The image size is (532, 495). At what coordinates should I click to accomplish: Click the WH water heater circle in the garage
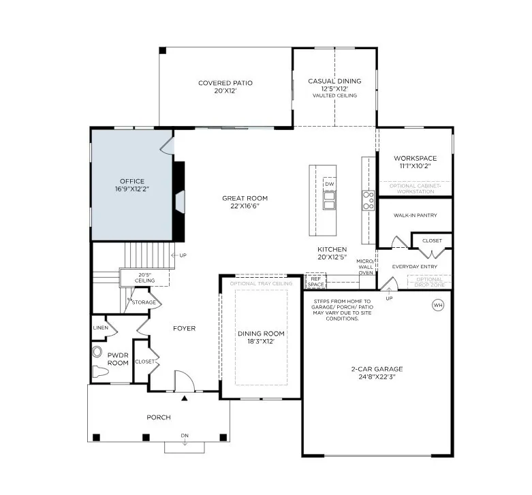pyautogui.click(x=438, y=305)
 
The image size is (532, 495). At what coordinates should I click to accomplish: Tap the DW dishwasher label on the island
pyautogui.click(x=330, y=184)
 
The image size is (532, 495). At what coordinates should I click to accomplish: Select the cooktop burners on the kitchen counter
pyautogui.click(x=368, y=200)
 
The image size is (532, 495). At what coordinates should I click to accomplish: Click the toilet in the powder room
pyautogui.click(x=100, y=372)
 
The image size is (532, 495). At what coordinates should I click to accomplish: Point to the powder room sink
pyautogui.click(x=97, y=352)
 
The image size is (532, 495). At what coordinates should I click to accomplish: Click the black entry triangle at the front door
pyautogui.click(x=184, y=398)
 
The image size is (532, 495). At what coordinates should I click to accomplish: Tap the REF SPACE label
pyautogui.click(x=316, y=281)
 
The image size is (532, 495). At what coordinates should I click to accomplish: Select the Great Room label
pyautogui.click(x=245, y=198)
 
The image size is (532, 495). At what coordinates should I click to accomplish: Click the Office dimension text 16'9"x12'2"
pyautogui.click(x=132, y=189)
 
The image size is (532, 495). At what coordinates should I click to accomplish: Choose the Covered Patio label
pyautogui.click(x=225, y=83)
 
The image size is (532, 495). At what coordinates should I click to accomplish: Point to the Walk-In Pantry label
pyautogui.click(x=416, y=215)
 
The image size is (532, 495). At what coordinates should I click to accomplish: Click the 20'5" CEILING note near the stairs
pyautogui.click(x=144, y=278)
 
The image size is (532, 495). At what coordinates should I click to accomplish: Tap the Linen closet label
pyautogui.click(x=101, y=328)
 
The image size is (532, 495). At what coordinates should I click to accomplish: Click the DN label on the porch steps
pyautogui.click(x=185, y=435)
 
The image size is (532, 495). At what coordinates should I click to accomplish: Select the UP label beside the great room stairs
pyautogui.click(x=183, y=255)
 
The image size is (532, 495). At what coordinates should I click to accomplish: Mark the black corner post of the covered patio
pyautogui.click(x=163, y=50)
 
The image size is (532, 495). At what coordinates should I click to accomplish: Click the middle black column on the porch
pyautogui.click(x=146, y=437)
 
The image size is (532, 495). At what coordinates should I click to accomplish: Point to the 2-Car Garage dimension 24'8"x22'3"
pyautogui.click(x=377, y=377)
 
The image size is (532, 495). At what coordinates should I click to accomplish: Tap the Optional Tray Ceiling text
pyautogui.click(x=261, y=283)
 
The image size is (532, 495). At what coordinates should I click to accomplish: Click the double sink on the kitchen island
pyautogui.click(x=330, y=200)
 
